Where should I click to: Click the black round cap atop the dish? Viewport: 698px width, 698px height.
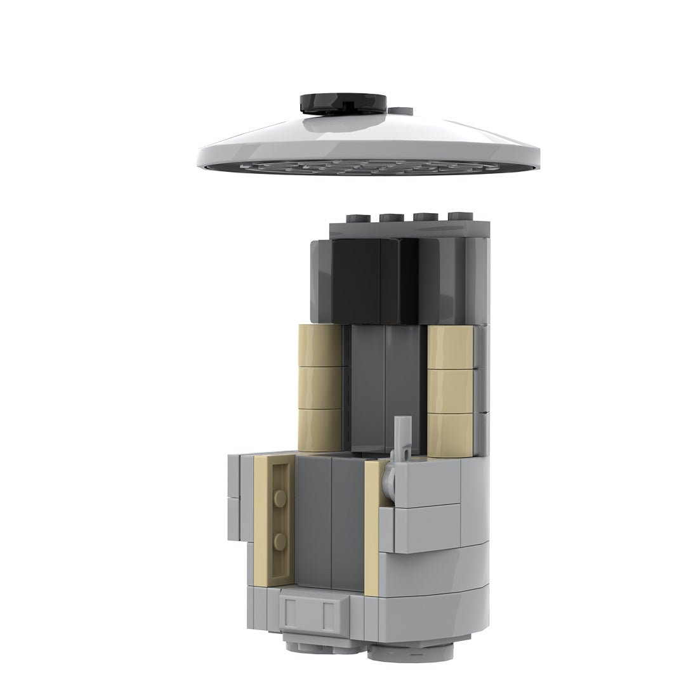coord(343,103)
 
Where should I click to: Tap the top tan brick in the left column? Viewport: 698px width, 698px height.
coord(322,346)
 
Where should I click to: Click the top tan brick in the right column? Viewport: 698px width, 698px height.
coord(451,346)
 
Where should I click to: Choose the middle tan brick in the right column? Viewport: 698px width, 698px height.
coord(451,390)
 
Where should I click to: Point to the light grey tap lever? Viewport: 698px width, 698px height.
coord(400,438)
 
